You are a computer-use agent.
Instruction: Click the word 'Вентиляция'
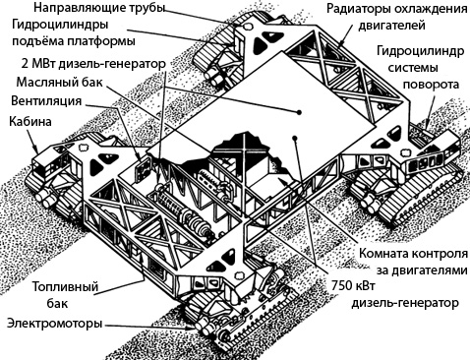point(42,100)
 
